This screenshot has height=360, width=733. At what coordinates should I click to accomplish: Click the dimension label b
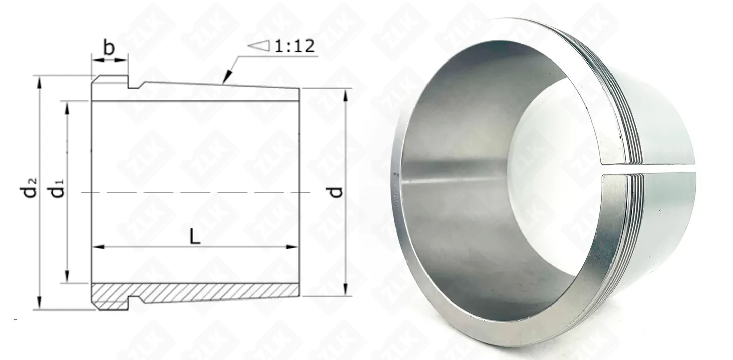pos(109,48)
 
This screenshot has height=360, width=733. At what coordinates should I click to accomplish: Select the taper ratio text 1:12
pos(294,46)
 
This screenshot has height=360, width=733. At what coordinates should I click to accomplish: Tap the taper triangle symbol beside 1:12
pos(259,46)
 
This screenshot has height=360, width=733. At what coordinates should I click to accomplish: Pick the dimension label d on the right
pos(336,192)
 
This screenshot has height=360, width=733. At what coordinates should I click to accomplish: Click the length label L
pos(195,236)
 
